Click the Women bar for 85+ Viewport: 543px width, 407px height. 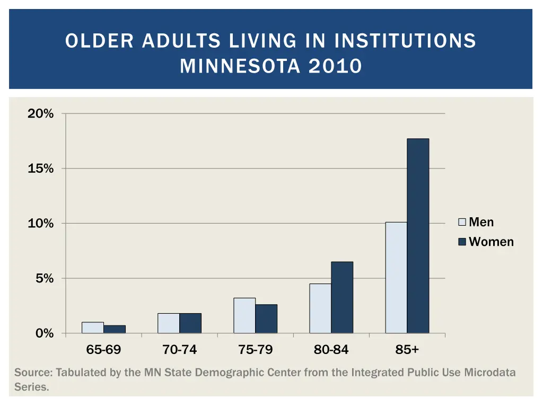[x=418, y=236]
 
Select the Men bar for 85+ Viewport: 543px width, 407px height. [x=396, y=277]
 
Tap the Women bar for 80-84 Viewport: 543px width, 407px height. [x=342, y=297]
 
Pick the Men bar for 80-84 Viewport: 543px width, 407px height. [x=320, y=308]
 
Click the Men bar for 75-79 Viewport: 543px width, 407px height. [x=244, y=315]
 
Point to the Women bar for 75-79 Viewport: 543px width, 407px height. [x=266, y=318]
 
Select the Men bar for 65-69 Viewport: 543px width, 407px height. [x=93, y=328]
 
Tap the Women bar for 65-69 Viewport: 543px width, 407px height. [x=115, y=329]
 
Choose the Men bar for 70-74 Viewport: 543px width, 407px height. [x=169, y=323]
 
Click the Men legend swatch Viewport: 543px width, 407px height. [x=462, y=222]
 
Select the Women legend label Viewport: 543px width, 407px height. [x=491, y=242]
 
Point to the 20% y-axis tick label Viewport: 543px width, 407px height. [x=41, y=113]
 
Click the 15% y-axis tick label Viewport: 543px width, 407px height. [x=41, y=169]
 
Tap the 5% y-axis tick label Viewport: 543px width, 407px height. [x=44, y=278]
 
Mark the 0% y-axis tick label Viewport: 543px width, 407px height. [x=44, y=333]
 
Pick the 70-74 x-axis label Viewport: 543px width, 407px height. [x=180, y=350]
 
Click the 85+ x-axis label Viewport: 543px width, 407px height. [x=407, y=350]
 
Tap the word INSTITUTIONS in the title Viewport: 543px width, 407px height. [x=405, y=41]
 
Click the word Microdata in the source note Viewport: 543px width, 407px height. [x=490, y=373]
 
